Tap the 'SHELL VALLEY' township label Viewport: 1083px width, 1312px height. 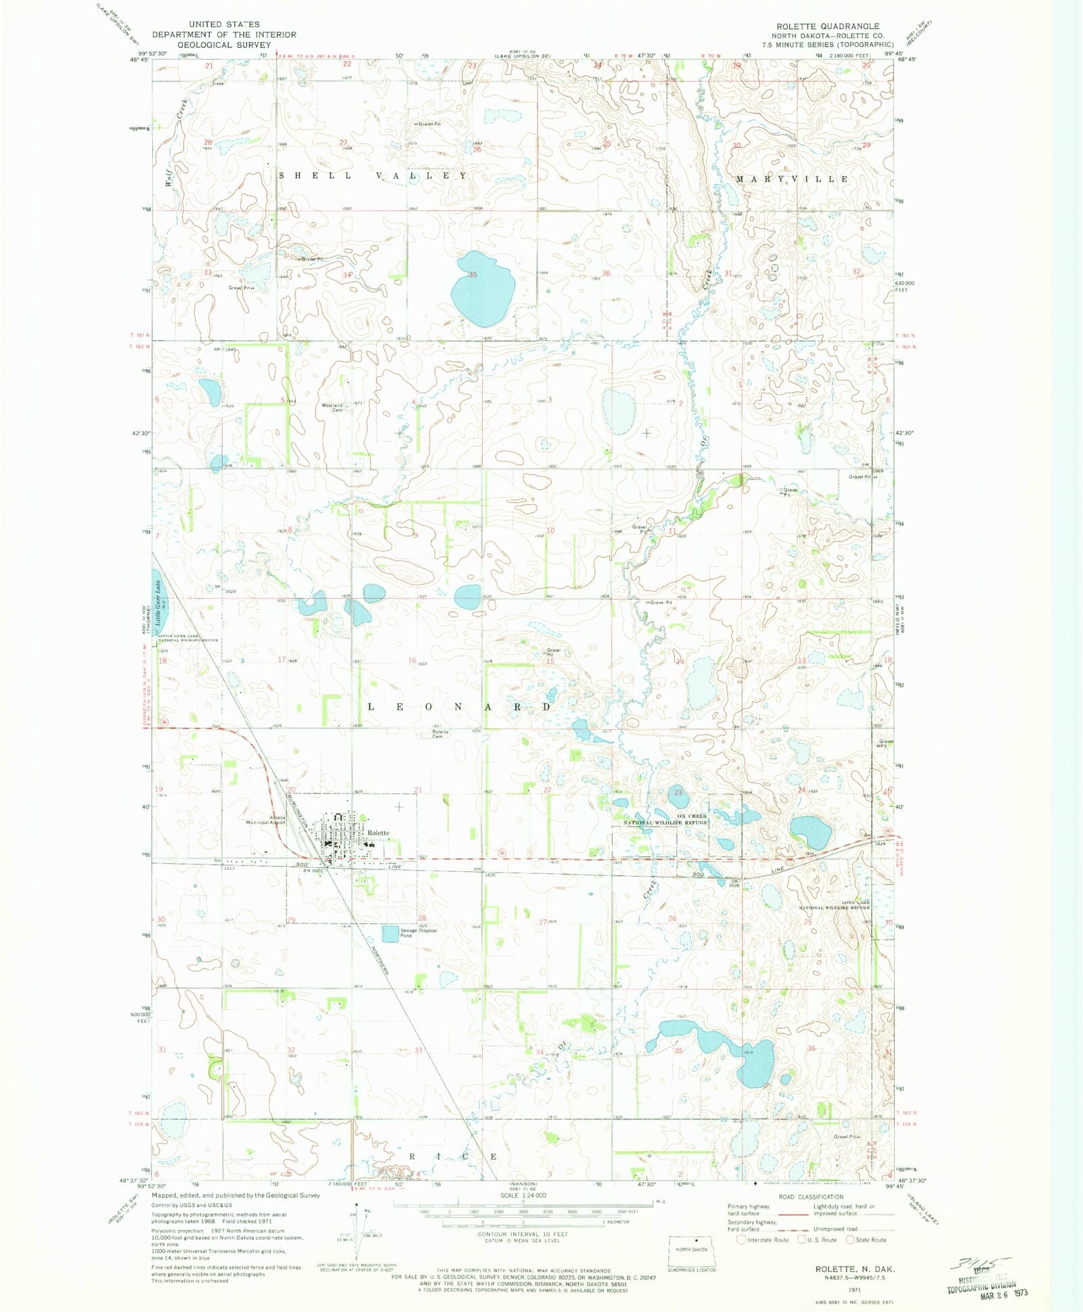click(x=373, y=176)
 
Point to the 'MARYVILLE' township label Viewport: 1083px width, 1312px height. click(x=792, y=179)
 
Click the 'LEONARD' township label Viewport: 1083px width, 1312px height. click(x=460, y=707)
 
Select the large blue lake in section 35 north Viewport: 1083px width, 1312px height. click(x=482, y=289)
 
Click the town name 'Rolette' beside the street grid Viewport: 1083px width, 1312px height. click(x=378, y=833)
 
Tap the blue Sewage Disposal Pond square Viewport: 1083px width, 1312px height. click(x=391, y=934)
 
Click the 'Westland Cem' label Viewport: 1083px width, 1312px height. click(x=332, y=408)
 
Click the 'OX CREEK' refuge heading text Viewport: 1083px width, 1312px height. click(x=692, y=816)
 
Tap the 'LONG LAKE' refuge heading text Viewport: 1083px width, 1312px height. click(x=856, y=902)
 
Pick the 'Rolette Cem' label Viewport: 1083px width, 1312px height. click(x=440, y=734)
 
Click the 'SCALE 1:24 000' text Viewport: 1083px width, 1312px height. click(x=523, y=1195)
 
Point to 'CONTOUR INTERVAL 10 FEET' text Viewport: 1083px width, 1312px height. click(x=523, y=1234)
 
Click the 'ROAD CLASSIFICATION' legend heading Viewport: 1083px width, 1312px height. click(x=811, y=1197)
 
